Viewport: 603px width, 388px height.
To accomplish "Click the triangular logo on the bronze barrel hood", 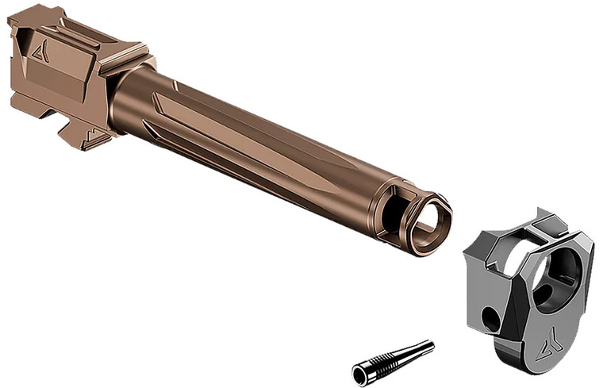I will tap(40, 52).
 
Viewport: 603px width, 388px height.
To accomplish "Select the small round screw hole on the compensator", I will tap(490, 319).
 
